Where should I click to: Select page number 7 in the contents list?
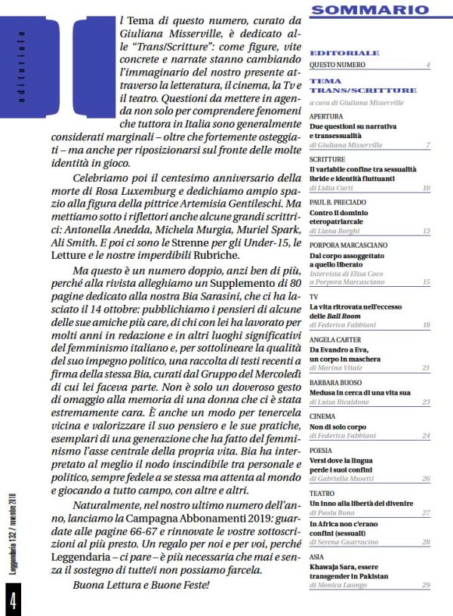tap(427, 144)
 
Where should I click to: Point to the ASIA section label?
tap(318, 556)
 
